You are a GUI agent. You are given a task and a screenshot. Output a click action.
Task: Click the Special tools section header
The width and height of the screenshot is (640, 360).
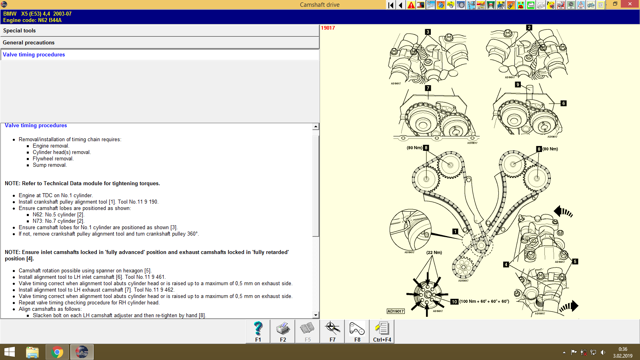coord(19,31)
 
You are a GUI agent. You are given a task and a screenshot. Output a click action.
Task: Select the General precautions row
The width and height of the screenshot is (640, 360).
coord(28,43)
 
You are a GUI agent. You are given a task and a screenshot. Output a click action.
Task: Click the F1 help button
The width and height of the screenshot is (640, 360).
coord(258,332)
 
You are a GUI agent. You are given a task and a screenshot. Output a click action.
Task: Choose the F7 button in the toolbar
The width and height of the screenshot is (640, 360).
coord(332,332)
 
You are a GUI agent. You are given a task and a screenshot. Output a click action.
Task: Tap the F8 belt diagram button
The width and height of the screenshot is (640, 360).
coord(357,332)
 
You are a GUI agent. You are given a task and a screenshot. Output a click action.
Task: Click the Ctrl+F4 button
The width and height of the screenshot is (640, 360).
coord(382,332)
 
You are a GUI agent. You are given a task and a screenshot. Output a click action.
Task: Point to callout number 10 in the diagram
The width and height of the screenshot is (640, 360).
coord(454,302)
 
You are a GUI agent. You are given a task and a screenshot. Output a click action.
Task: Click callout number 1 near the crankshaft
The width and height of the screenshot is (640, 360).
coord(455,232)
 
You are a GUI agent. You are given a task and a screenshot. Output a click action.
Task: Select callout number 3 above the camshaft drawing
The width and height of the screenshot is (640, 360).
coord(428,32)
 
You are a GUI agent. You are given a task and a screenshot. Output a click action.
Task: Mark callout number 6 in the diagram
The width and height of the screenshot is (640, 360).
coord(563,103)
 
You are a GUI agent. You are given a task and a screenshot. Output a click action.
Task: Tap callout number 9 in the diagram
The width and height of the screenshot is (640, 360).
coord(518,84)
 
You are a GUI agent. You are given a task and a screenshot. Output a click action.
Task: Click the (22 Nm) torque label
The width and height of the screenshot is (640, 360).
coord(434,252)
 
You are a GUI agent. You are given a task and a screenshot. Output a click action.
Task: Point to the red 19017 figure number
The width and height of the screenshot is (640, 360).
coord(328,28)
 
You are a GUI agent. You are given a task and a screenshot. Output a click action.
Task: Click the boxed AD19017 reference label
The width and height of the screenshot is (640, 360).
coord(396,311)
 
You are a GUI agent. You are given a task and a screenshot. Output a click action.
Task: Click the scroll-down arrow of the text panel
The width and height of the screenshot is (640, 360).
coord(316,315)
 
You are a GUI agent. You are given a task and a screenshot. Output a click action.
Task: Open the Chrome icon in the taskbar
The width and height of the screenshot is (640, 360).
coord(57,352)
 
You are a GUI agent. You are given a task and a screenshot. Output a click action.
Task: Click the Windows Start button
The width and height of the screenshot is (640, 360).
coord(10,352)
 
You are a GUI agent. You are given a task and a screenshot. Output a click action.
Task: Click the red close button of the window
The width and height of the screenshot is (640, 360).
coord(630,4)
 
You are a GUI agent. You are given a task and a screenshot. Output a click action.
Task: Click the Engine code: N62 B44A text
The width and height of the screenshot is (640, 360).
coord(32,20)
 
